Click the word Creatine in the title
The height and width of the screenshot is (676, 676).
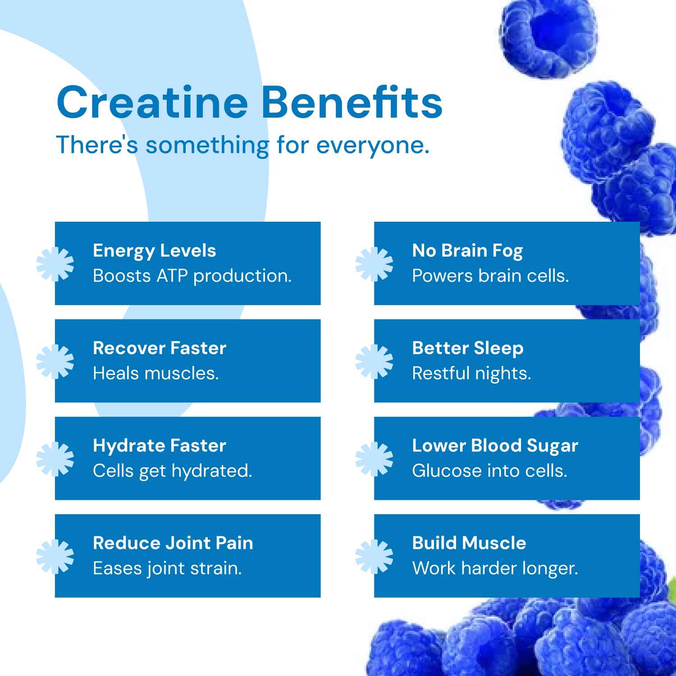coord(152,103)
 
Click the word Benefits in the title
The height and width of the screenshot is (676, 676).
coord(352,103)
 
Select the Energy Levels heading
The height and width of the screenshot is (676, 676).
coord(154,251)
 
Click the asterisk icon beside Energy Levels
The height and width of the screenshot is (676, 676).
coord(55,264)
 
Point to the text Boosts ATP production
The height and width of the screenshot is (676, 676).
coord(192,276)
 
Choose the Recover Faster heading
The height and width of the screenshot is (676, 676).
coord(160,348)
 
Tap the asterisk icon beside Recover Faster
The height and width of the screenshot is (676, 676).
coord(55,361)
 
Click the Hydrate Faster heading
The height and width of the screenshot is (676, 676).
coord(160,445)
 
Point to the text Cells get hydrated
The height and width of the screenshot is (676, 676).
coord(172,470)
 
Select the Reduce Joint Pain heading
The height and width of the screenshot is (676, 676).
coord(173,543)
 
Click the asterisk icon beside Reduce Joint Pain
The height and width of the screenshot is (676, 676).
coord(55,556)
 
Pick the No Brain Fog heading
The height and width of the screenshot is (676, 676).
coord(467,251)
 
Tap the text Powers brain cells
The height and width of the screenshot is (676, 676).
coord(490,276)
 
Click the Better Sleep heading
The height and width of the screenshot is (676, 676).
coord(468,348)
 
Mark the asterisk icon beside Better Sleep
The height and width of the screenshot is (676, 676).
coord(374,361)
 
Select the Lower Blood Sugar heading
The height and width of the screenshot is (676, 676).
coord(495,445)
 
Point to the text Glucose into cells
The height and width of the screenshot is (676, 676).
coord(489,470)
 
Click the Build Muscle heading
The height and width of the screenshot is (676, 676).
coord(469,543)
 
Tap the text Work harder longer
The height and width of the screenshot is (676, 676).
coord(495,568)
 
